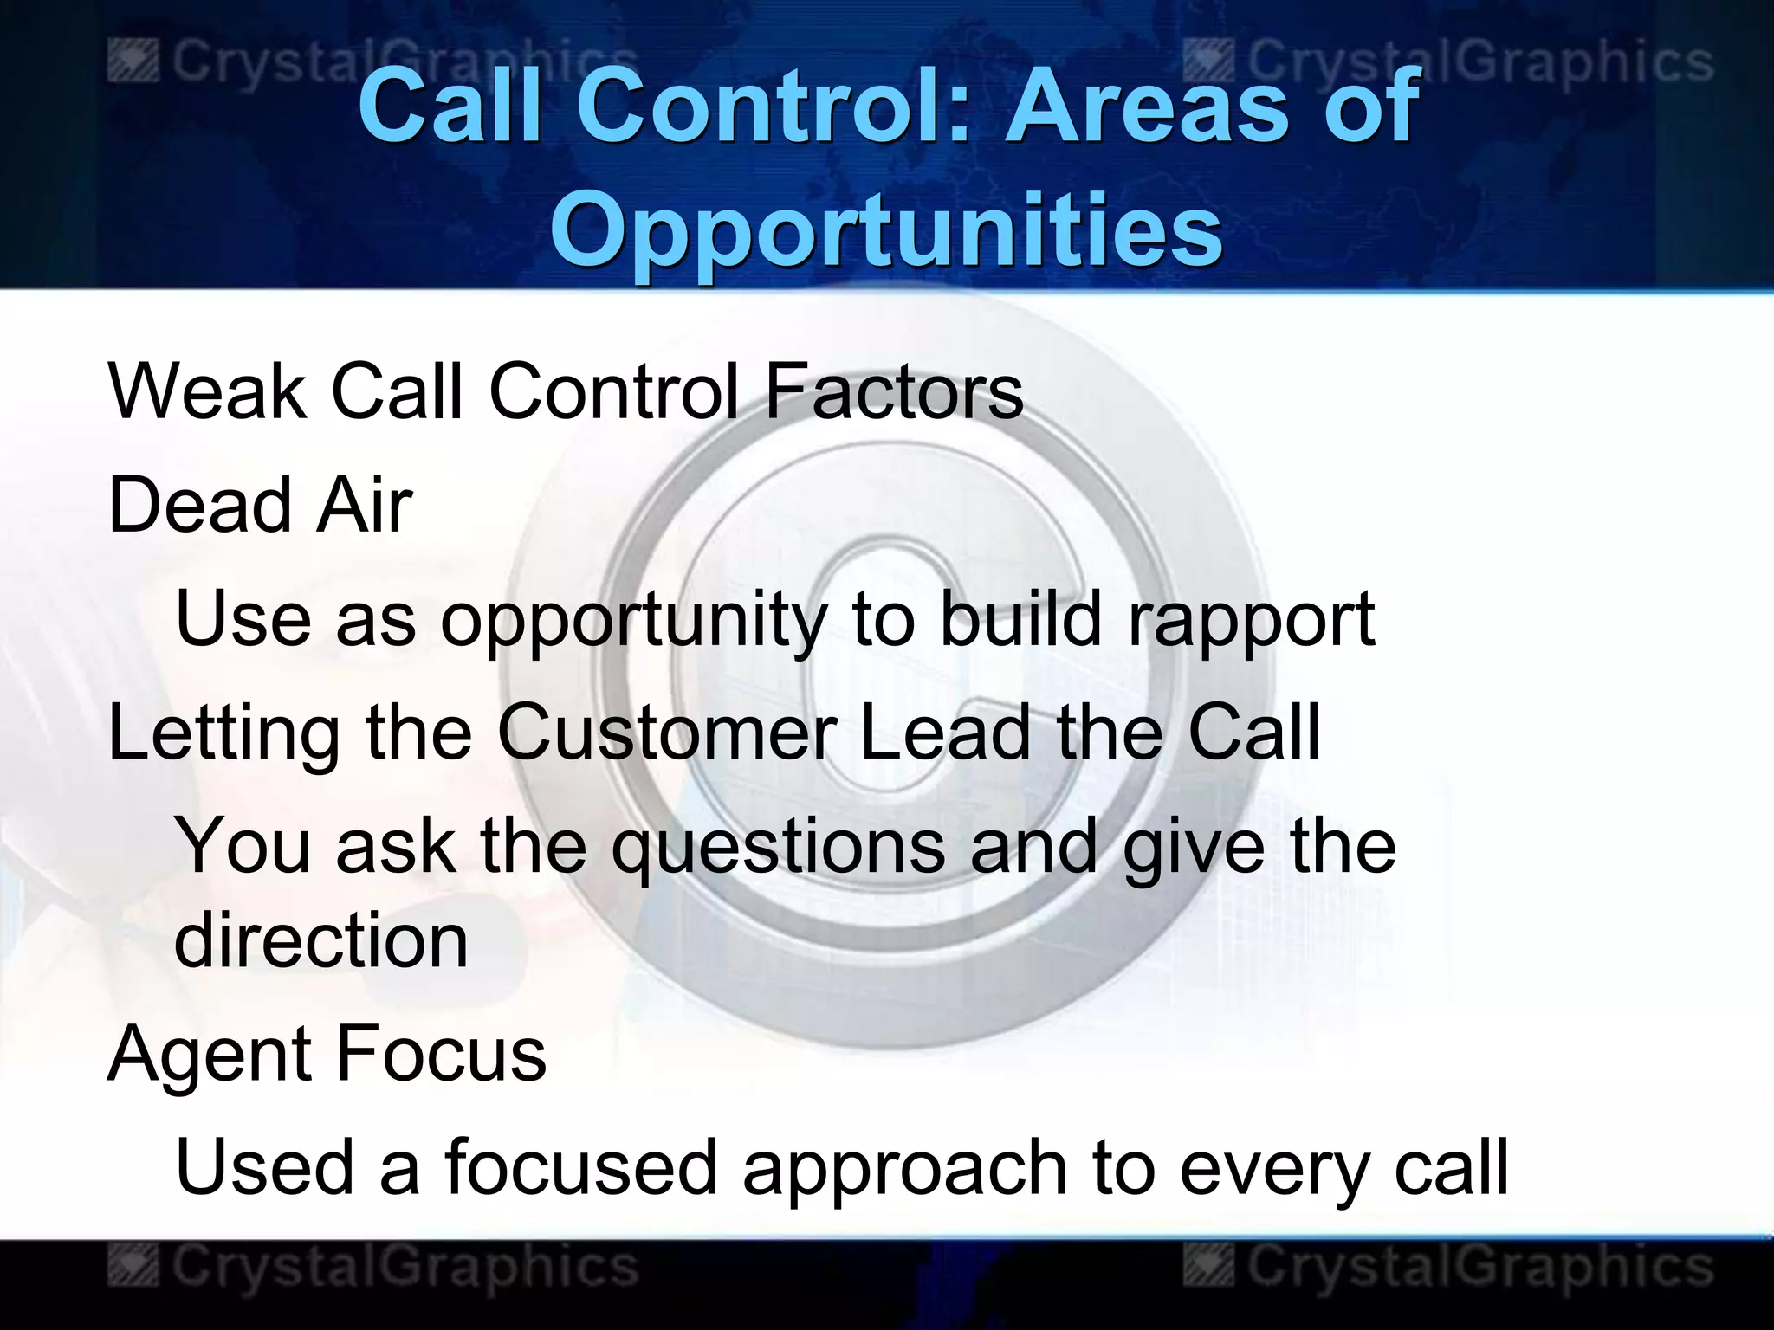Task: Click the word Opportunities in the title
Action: tap(885, 230)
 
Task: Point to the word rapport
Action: tap(1251, 620)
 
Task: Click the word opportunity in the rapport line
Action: tap(633, 620)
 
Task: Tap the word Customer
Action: tap(666, 733)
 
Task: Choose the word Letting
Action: tap(223, 734)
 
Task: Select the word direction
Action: tap(320, 941)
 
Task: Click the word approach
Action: tap(904, 1169)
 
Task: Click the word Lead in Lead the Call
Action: tap(945, 733)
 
